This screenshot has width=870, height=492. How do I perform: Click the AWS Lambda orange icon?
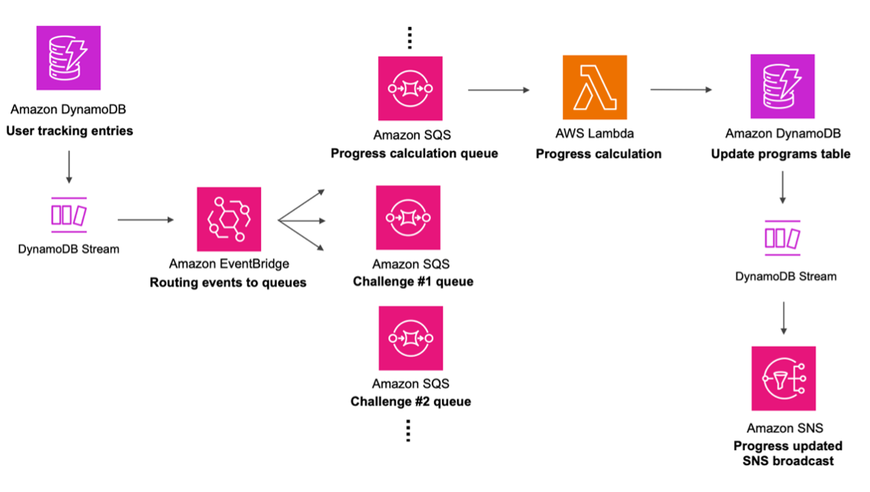(595, 88)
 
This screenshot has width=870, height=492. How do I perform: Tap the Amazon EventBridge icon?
(229, 219)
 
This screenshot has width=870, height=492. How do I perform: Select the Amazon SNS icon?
(784, 378)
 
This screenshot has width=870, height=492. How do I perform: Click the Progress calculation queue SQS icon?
(410, 88)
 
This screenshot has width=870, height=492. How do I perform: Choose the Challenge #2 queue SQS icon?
(411, 338)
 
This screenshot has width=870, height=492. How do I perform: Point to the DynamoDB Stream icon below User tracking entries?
(69, 215)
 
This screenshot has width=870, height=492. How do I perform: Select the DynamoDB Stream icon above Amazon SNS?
(783, 238)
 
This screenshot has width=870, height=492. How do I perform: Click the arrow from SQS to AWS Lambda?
(499, 90)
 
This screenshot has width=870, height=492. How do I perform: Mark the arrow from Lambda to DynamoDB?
(681, 90)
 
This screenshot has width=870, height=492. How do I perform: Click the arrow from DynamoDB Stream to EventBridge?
(145, 220)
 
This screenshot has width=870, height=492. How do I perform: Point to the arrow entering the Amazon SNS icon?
(783, 318)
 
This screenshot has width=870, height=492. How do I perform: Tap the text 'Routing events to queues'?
(228, 283)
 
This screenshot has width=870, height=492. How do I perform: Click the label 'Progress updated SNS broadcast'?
(788, 453)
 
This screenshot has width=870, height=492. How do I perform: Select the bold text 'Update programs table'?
(781, 154)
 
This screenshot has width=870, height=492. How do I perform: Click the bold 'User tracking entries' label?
(69, 131)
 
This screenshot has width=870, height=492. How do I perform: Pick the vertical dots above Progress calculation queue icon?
(409, 37)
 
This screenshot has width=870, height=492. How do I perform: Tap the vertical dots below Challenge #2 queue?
(409, 430)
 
